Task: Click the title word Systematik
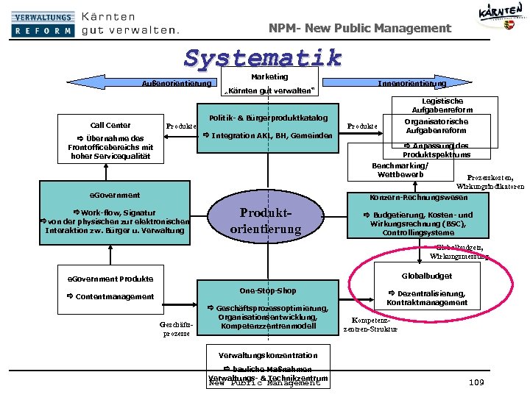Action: coord(264,58)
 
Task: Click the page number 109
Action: coord(476,382)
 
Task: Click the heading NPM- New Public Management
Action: coord(360,29)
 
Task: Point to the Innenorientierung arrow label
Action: coord(411,83)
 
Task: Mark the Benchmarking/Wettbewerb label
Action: coord(400,170)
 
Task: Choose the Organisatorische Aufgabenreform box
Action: coord(437,126)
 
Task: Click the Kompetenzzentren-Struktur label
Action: coord(370,325)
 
